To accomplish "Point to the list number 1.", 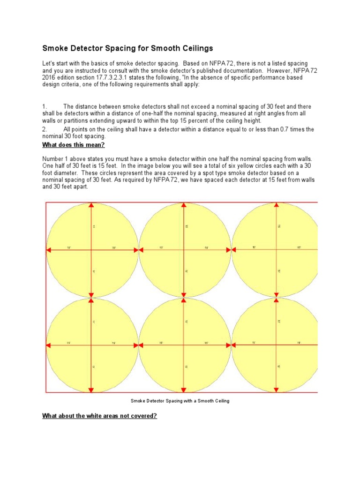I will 44,107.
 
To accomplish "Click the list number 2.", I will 44,129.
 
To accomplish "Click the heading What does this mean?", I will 74,144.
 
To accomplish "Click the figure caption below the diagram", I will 180,401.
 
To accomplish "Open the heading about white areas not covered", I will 99,416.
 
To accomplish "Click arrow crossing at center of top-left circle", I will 92,250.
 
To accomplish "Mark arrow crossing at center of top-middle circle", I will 185,250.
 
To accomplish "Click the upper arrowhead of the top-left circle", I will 92,205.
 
